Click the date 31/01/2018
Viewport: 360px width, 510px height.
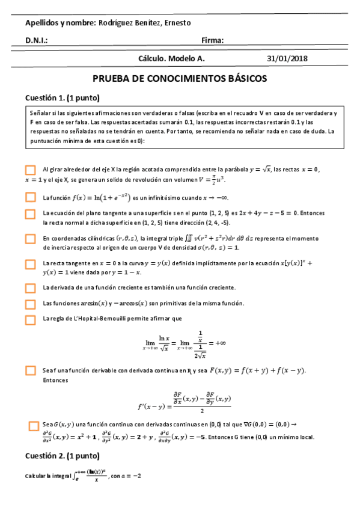(x=287, y=58)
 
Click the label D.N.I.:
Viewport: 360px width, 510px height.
(x=36, y=41)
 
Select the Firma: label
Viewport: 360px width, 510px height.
(x=213, y=41)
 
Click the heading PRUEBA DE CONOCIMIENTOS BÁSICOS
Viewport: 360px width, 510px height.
(x=180, y=79)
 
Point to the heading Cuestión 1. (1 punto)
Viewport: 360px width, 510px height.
(x=62, y=98)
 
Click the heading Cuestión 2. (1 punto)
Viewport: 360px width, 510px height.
(x=62, y=455)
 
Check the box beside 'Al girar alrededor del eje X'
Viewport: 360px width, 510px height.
(x=31, y=170)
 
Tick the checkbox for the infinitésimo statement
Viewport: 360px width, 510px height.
(x=31, y=197)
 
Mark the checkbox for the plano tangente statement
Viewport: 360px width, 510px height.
(x=31, y=214)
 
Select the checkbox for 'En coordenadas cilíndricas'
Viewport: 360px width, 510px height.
(x=31, y=239)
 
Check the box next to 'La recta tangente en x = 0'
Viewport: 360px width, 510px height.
(x=31, y=264)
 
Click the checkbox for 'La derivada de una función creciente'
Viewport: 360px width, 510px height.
(x=31, y=288)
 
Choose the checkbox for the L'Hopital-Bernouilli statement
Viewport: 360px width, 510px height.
(x=31, y=319)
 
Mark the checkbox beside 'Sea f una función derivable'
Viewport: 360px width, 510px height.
(x=31, y=370)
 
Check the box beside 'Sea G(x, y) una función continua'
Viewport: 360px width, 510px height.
(x=34, y=426)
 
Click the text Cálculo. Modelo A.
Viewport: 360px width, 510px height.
(x=171, y=58)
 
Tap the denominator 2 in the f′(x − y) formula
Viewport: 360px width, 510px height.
(x=202, y=411)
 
